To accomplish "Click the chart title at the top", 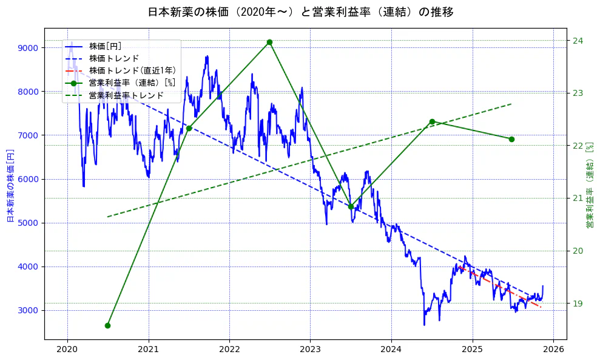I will [x=300, y=12].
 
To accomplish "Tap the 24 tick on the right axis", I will [x=577, y=41].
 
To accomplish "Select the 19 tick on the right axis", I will [x=577, y=304].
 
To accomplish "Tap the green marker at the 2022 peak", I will [x=269, y=42].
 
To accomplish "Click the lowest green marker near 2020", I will [x=107, y=325].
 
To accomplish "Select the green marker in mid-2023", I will [x=351, y=206].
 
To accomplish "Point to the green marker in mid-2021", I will [x=189, y=128].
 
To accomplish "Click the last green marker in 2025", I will [x=511, y=139].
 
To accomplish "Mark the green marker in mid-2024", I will [x=432, y=121].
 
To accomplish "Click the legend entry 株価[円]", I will [x=105, y=46].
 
